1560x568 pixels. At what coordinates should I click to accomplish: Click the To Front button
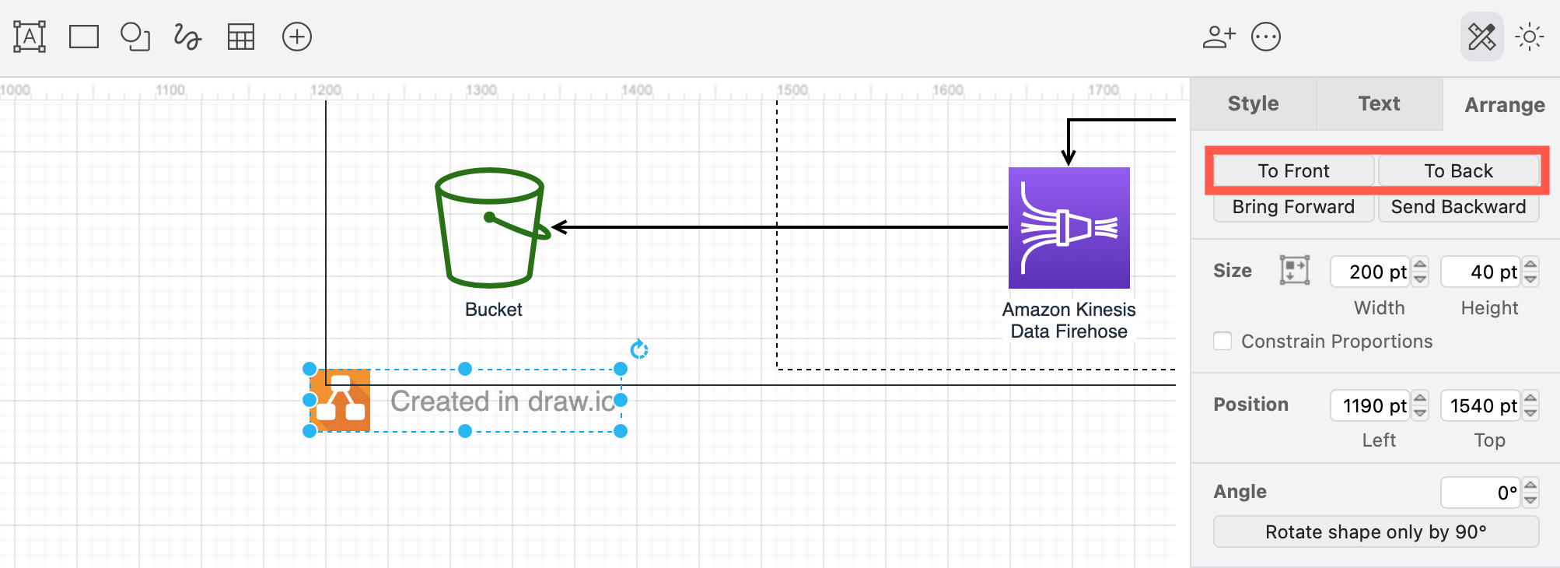coord(1293,171)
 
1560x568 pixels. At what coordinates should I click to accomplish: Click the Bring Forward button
coord(1293,207)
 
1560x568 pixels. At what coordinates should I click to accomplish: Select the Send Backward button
coord(1458,207)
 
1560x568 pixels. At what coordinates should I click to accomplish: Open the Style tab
coord(1253,103)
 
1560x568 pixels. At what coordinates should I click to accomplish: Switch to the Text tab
coord(1379,103)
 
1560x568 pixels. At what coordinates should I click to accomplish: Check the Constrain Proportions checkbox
coord(1222,341)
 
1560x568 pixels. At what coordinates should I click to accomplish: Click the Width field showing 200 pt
coord(1369,272)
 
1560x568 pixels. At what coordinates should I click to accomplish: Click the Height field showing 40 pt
coord(1480,272)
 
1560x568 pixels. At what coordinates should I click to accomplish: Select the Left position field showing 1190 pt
coord(1369,406)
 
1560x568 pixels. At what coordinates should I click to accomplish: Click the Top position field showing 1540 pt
coord(1480,406)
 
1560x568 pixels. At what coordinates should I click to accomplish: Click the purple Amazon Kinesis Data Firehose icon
coord(1069,228)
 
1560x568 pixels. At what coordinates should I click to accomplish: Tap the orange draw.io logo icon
coord(341,400)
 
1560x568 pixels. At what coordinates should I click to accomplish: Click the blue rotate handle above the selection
coord(639,349)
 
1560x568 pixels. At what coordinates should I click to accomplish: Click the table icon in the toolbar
coord(241,37)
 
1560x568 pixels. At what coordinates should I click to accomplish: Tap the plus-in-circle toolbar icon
coord(297,37)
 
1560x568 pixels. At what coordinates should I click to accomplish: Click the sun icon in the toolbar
coord(1529,37)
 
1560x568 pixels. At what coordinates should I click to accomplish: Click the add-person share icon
coord(1219,37)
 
